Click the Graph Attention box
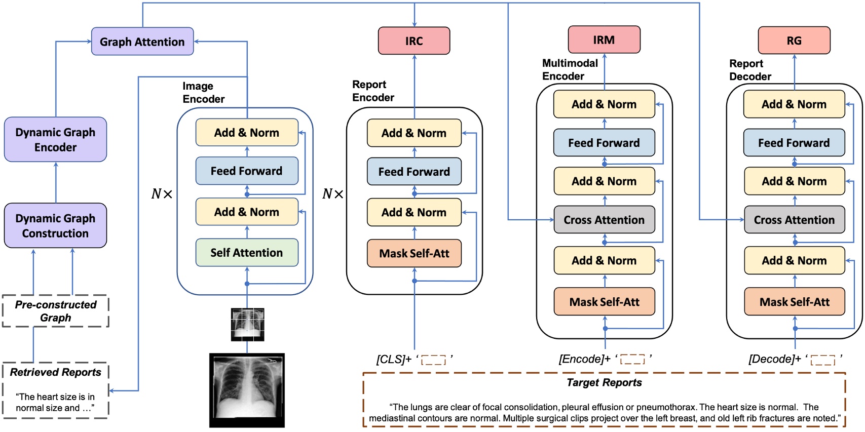coord(142,42)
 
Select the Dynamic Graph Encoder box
coord(55,139)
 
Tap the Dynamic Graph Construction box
coord(55,225)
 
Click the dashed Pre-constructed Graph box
coord(55,311)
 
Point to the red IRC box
coord(413,41)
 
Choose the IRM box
coord(604,40)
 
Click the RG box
coord(794,41)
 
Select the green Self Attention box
coord(247,252)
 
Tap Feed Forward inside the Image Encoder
coord(247,171)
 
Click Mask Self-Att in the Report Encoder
coord(414,253)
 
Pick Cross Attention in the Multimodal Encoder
coord(604,220)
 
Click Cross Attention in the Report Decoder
coord(794,220)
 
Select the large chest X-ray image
coord(247,390)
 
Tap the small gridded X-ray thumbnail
coord(247,324)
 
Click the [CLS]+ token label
coord(394,359)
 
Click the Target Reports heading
coord(604,383)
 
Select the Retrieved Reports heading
coord(55,372)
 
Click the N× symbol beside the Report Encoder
coord(333,194)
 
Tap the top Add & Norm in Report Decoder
coord(794,104)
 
